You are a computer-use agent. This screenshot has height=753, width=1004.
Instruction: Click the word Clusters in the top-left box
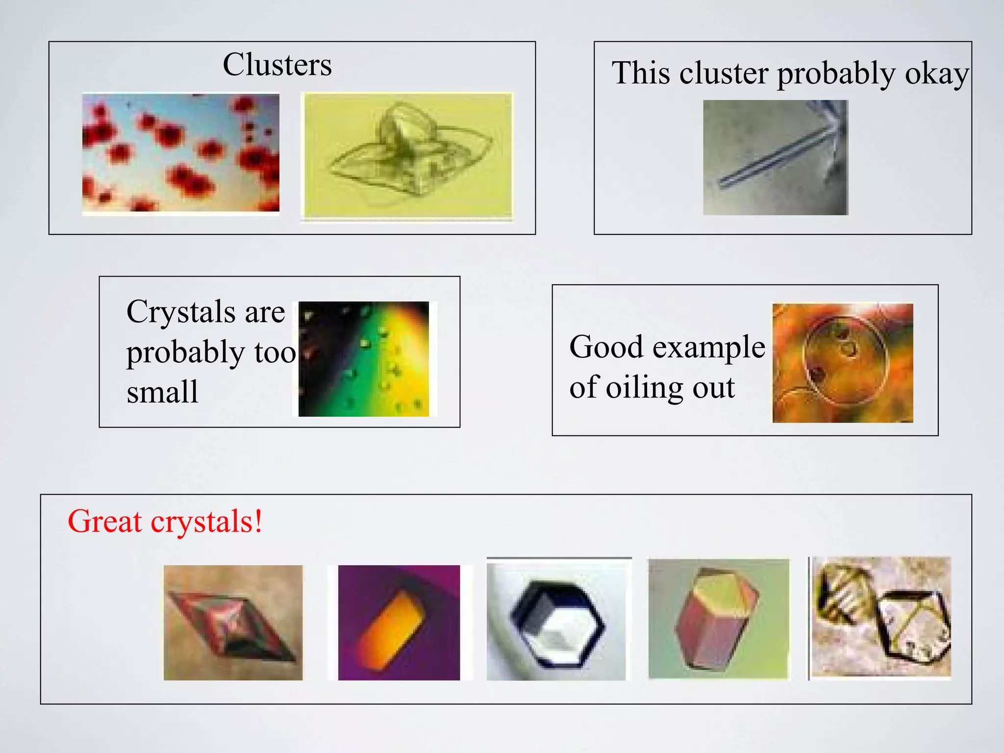pos(277,65)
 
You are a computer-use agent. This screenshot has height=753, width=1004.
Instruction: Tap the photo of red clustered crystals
pos(180,152)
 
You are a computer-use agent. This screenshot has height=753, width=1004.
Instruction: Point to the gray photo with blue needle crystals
pos(775,157)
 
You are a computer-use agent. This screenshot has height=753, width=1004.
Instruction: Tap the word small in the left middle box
pos(162,392)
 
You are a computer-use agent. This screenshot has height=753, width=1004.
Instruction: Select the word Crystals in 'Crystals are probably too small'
pos(180,312)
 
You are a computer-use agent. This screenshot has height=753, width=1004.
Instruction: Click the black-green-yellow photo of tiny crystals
pos(363,359)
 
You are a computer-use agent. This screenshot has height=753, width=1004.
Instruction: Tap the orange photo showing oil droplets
pos(842,363)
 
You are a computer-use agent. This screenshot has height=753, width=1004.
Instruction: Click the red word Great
pos(104,521)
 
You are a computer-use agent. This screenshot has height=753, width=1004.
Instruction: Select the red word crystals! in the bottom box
pos(206,522)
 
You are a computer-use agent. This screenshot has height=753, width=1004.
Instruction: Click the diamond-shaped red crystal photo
pos(233,623)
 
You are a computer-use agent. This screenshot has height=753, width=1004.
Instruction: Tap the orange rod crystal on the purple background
pos(399,623)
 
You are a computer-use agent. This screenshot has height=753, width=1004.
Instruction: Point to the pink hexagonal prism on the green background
pos(718,619)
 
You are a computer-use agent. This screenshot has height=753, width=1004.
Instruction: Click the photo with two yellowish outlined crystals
pos(881,618)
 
